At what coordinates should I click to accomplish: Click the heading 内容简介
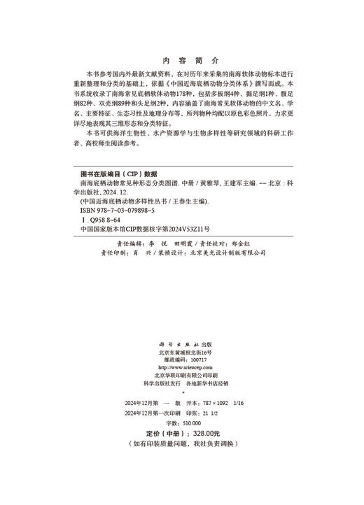coord(181,61)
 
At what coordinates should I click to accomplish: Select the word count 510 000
coord(187,422)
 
